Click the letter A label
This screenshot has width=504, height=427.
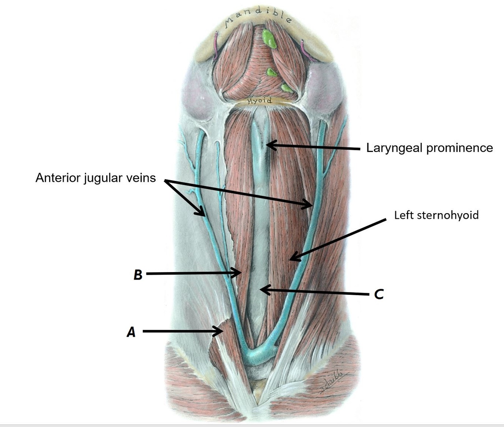coord(131,332)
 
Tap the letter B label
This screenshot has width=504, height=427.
coord(138,274)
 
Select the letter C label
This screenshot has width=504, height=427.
coord(379,294)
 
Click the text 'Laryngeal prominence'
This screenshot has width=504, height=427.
coord(430,148)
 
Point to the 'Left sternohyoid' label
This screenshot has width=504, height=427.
coord(436,215)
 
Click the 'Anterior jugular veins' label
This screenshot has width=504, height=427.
coord(96,178)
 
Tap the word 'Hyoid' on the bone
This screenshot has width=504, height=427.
coord(260,101)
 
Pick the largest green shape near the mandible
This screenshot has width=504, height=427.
coord(269,39)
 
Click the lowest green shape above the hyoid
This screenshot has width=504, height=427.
coord(287,89)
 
